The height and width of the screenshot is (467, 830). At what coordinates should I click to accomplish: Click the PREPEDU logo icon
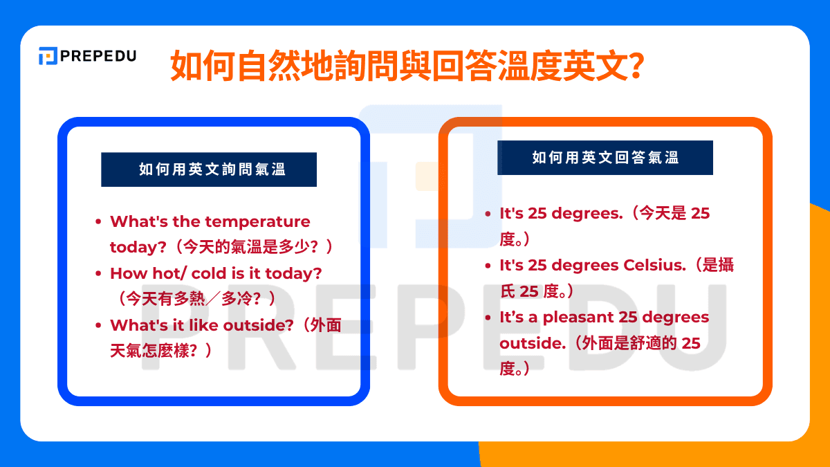point(48,56)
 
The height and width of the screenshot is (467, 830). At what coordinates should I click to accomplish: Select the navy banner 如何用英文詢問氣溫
point(209,170)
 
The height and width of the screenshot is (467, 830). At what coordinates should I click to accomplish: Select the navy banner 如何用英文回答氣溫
point(605,158)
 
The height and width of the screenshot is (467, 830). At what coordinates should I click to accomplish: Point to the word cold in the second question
point(209,273)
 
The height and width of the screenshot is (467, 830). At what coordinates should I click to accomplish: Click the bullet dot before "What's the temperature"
point(99,222)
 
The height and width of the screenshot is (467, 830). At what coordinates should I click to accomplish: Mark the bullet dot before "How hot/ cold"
point(99,274)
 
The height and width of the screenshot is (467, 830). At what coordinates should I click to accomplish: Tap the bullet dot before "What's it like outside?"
point(99,326)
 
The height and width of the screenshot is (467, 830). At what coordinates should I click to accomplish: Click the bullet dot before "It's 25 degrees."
point(489,214)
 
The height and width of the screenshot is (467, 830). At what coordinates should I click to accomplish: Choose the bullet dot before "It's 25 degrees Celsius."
point(489,266)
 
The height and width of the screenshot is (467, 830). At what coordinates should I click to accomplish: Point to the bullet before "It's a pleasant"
point(489,318)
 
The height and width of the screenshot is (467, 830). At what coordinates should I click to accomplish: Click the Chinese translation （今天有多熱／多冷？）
point(198,299)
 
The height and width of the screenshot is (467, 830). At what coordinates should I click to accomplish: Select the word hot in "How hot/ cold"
point(160,273)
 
